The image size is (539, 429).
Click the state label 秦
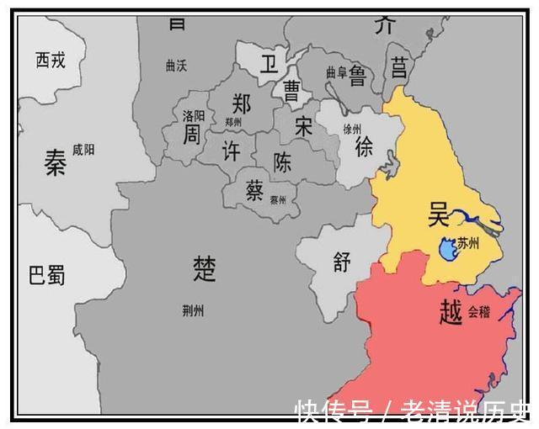56,163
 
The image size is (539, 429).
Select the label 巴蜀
47,275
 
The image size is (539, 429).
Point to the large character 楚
205,268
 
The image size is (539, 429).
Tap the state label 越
451,313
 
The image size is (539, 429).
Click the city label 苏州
469,244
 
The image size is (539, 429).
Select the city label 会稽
478,310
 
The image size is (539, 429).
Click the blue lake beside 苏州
446,249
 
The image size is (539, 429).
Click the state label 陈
284,161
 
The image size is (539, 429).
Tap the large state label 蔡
254,191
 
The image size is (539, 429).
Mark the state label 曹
291,89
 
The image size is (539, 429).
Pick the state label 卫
268,66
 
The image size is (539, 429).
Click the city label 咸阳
84,149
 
